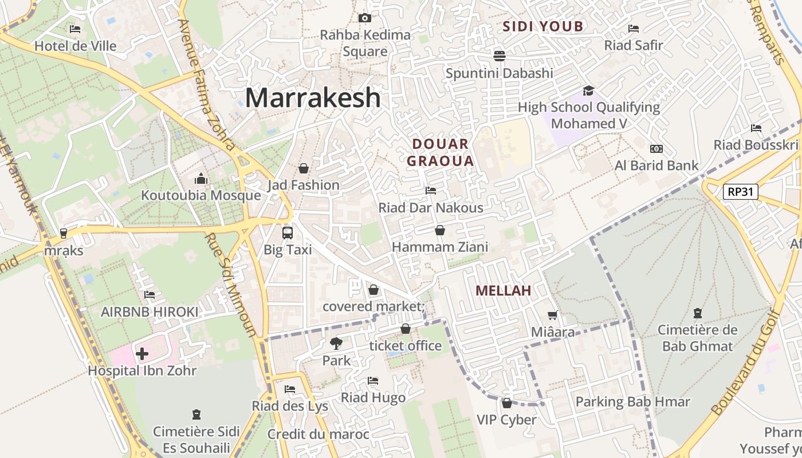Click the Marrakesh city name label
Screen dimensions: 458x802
pos(313,98)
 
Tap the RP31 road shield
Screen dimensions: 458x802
pos(740,192)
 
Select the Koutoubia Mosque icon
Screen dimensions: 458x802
pos(200,179)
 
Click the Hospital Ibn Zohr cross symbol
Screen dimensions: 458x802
pos(142,354)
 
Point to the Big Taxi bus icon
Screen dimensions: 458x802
pos(288,233)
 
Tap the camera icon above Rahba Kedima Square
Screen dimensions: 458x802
pos(365,18)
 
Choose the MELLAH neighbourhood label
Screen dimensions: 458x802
pos(504,291)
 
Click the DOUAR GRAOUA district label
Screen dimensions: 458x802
pos(441,152)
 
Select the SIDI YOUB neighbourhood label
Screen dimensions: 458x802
pos(543,26)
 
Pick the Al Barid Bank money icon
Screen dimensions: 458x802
pos(656,149)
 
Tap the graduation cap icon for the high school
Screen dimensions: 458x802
pos(588,90)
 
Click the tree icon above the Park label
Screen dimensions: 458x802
pos(336,343)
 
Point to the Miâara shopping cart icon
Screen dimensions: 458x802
pos(552,315)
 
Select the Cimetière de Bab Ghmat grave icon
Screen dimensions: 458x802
pos(697,313)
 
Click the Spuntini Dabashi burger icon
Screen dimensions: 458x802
pos(500,56)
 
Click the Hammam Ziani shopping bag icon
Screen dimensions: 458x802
pos(439,230)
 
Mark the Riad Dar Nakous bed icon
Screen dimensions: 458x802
pos(431,190)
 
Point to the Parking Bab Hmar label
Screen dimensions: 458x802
pos(632,402)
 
